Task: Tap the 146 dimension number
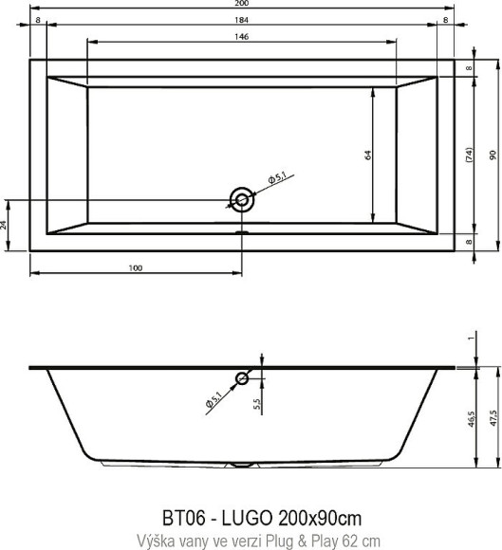[x=242, y=37]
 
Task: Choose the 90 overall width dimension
[x=493, y=155]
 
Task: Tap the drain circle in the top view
[x=242, y=199]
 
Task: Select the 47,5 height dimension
[x=493, y=418]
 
